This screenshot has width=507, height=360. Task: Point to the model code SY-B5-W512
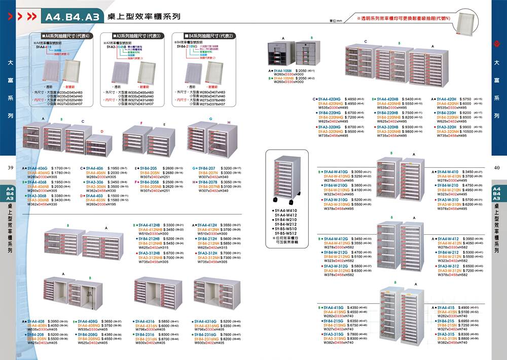click(285, 234)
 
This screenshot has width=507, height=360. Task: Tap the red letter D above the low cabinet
click(102, 131)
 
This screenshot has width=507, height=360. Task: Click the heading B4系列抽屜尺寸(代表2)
click(211, 37)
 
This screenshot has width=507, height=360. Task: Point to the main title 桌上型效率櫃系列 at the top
click(144, 16)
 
